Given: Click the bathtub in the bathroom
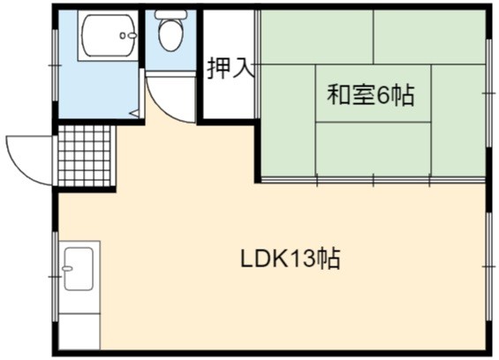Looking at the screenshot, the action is (109, 35).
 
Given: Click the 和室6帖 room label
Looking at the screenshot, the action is (371, 94).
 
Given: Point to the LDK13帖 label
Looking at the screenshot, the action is (291, 259).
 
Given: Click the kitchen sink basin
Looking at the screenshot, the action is (79, 269).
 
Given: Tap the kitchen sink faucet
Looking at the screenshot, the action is (67, 269).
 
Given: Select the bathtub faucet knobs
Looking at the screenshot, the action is (128, 35).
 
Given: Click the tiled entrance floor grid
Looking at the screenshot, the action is (87, 156).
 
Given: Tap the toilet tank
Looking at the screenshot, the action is (170, 14).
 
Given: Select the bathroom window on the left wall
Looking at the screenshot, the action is (55, 65).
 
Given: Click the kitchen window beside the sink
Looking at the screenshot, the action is (55, 277).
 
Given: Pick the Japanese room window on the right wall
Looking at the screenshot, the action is (489, 93).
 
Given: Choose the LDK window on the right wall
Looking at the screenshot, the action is (489, 266).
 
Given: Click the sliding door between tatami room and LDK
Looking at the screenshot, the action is (373, 181).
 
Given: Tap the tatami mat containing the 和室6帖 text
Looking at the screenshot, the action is (373, 94).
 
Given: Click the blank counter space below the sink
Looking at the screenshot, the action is (79, 332).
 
